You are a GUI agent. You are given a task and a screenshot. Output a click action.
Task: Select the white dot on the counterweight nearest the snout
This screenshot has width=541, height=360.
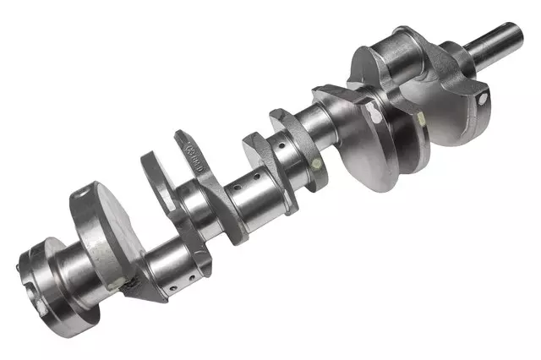click(x=482, y=99)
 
